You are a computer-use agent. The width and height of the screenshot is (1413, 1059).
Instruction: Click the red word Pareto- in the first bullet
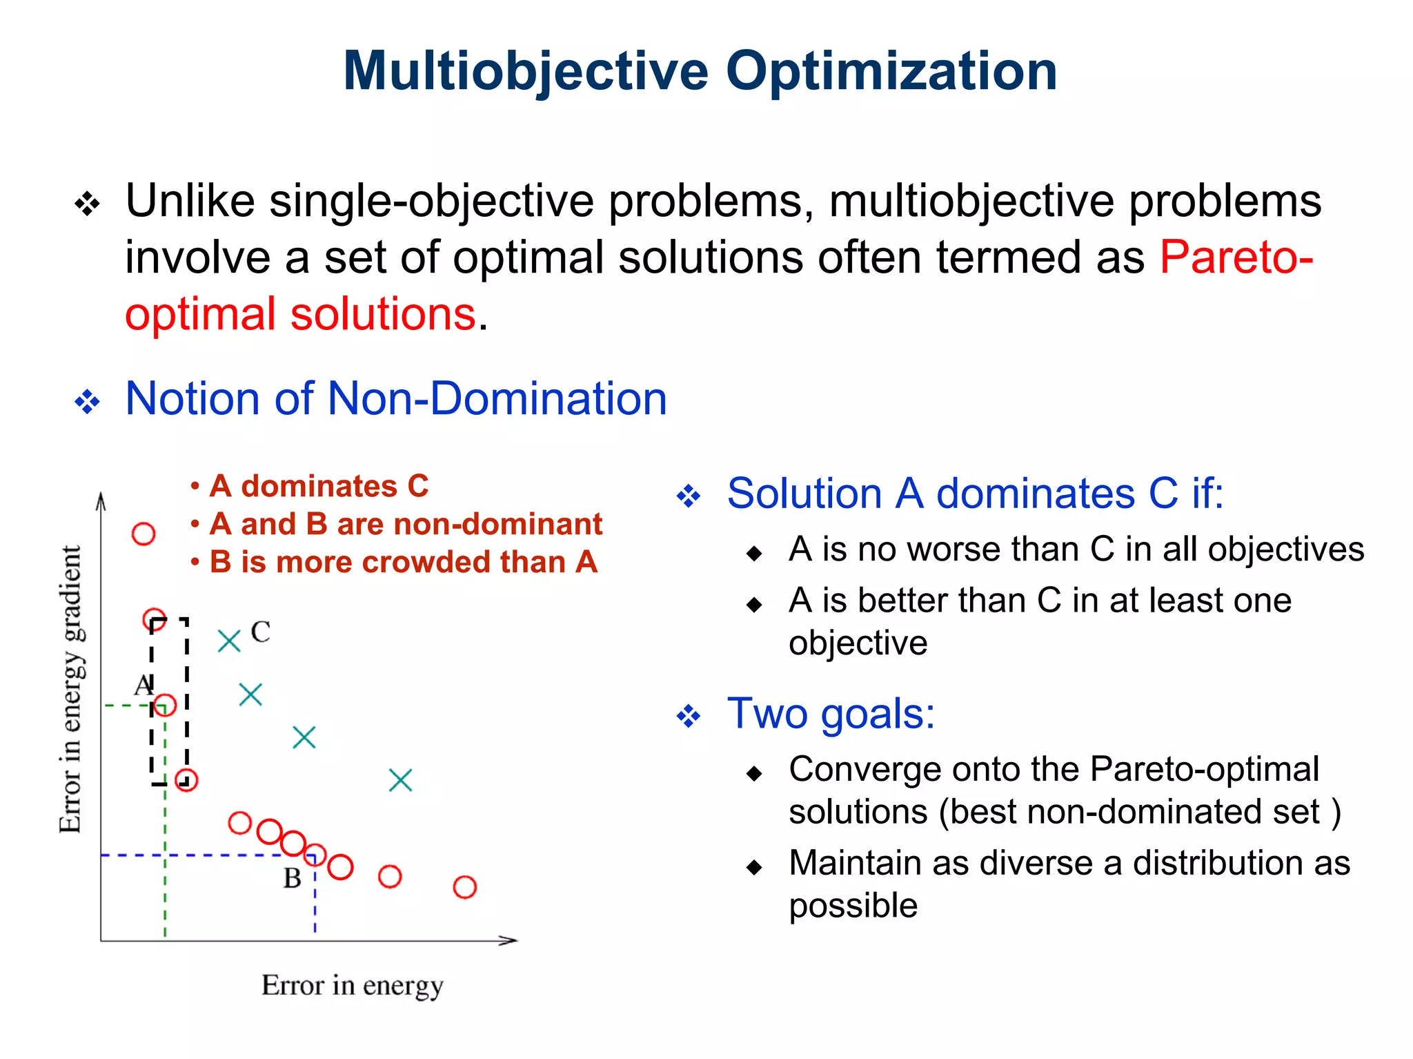1236,258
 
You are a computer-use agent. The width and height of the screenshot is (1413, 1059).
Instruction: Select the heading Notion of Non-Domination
395,399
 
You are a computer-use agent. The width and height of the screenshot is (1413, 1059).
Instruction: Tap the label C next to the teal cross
260,632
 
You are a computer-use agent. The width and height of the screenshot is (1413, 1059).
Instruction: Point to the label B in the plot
292,878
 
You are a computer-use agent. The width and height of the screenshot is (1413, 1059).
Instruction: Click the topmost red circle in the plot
144,534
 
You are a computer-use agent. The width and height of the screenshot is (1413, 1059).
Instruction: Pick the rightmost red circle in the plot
464,887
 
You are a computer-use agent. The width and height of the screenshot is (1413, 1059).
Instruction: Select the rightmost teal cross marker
400,781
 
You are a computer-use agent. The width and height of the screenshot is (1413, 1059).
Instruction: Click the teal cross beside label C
229,641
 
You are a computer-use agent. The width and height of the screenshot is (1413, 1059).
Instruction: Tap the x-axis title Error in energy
352,985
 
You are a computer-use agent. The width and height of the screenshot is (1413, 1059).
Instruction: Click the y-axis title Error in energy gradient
71,689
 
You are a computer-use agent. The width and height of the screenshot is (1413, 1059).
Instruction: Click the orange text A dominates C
318,486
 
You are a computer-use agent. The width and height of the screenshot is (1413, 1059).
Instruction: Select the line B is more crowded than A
403,562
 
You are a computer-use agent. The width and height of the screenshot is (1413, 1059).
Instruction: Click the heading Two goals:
831,713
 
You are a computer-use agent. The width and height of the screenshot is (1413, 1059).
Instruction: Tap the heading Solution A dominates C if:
975,494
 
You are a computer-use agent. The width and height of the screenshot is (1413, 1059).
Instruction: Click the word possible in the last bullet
853,905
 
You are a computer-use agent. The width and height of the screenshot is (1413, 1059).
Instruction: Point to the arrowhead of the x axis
509,940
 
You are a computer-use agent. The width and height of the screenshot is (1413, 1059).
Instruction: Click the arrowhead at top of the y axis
101,500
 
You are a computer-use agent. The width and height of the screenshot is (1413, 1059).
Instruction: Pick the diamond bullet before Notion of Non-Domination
88,401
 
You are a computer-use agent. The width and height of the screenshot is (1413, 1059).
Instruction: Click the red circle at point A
165,705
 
